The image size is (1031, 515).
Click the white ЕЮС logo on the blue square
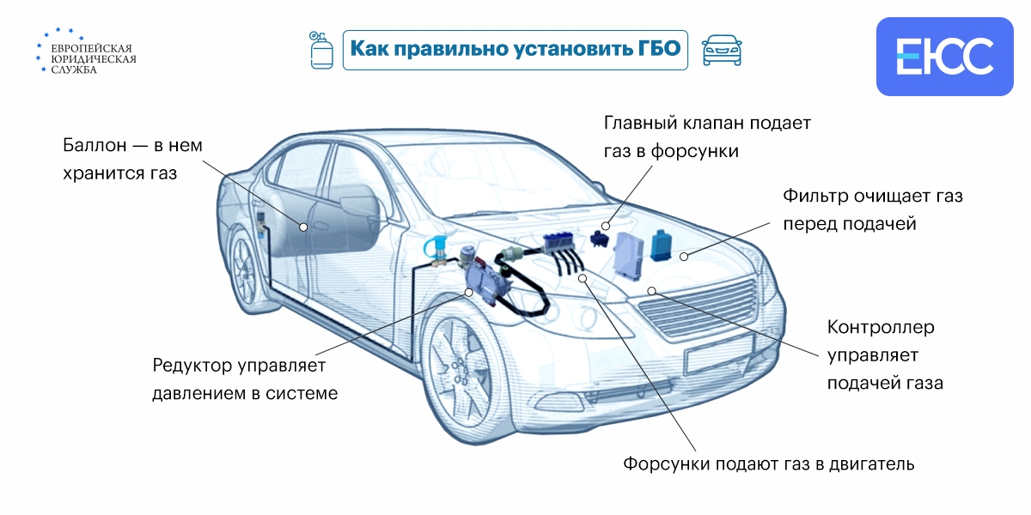click(944, 56)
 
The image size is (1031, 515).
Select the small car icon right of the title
click(722, 50)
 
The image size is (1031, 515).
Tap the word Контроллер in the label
click(881, 327)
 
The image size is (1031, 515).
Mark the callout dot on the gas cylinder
click(303, 227)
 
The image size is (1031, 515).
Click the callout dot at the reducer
click(469, 292)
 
